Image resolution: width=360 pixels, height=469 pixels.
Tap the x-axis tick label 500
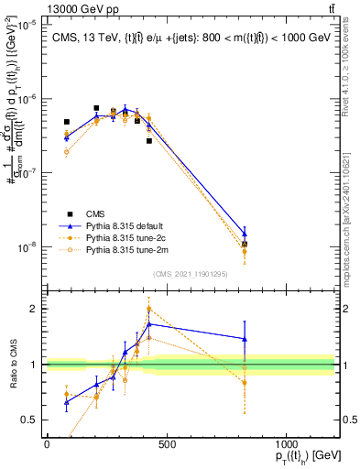click(166, 444)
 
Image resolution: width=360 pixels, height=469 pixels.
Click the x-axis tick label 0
click(47, 444)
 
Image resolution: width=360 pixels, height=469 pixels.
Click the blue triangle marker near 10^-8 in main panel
click(245, 234)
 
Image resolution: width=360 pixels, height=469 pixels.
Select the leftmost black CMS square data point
click(67, 122)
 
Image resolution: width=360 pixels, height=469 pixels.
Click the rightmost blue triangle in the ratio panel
click(245, 339)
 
